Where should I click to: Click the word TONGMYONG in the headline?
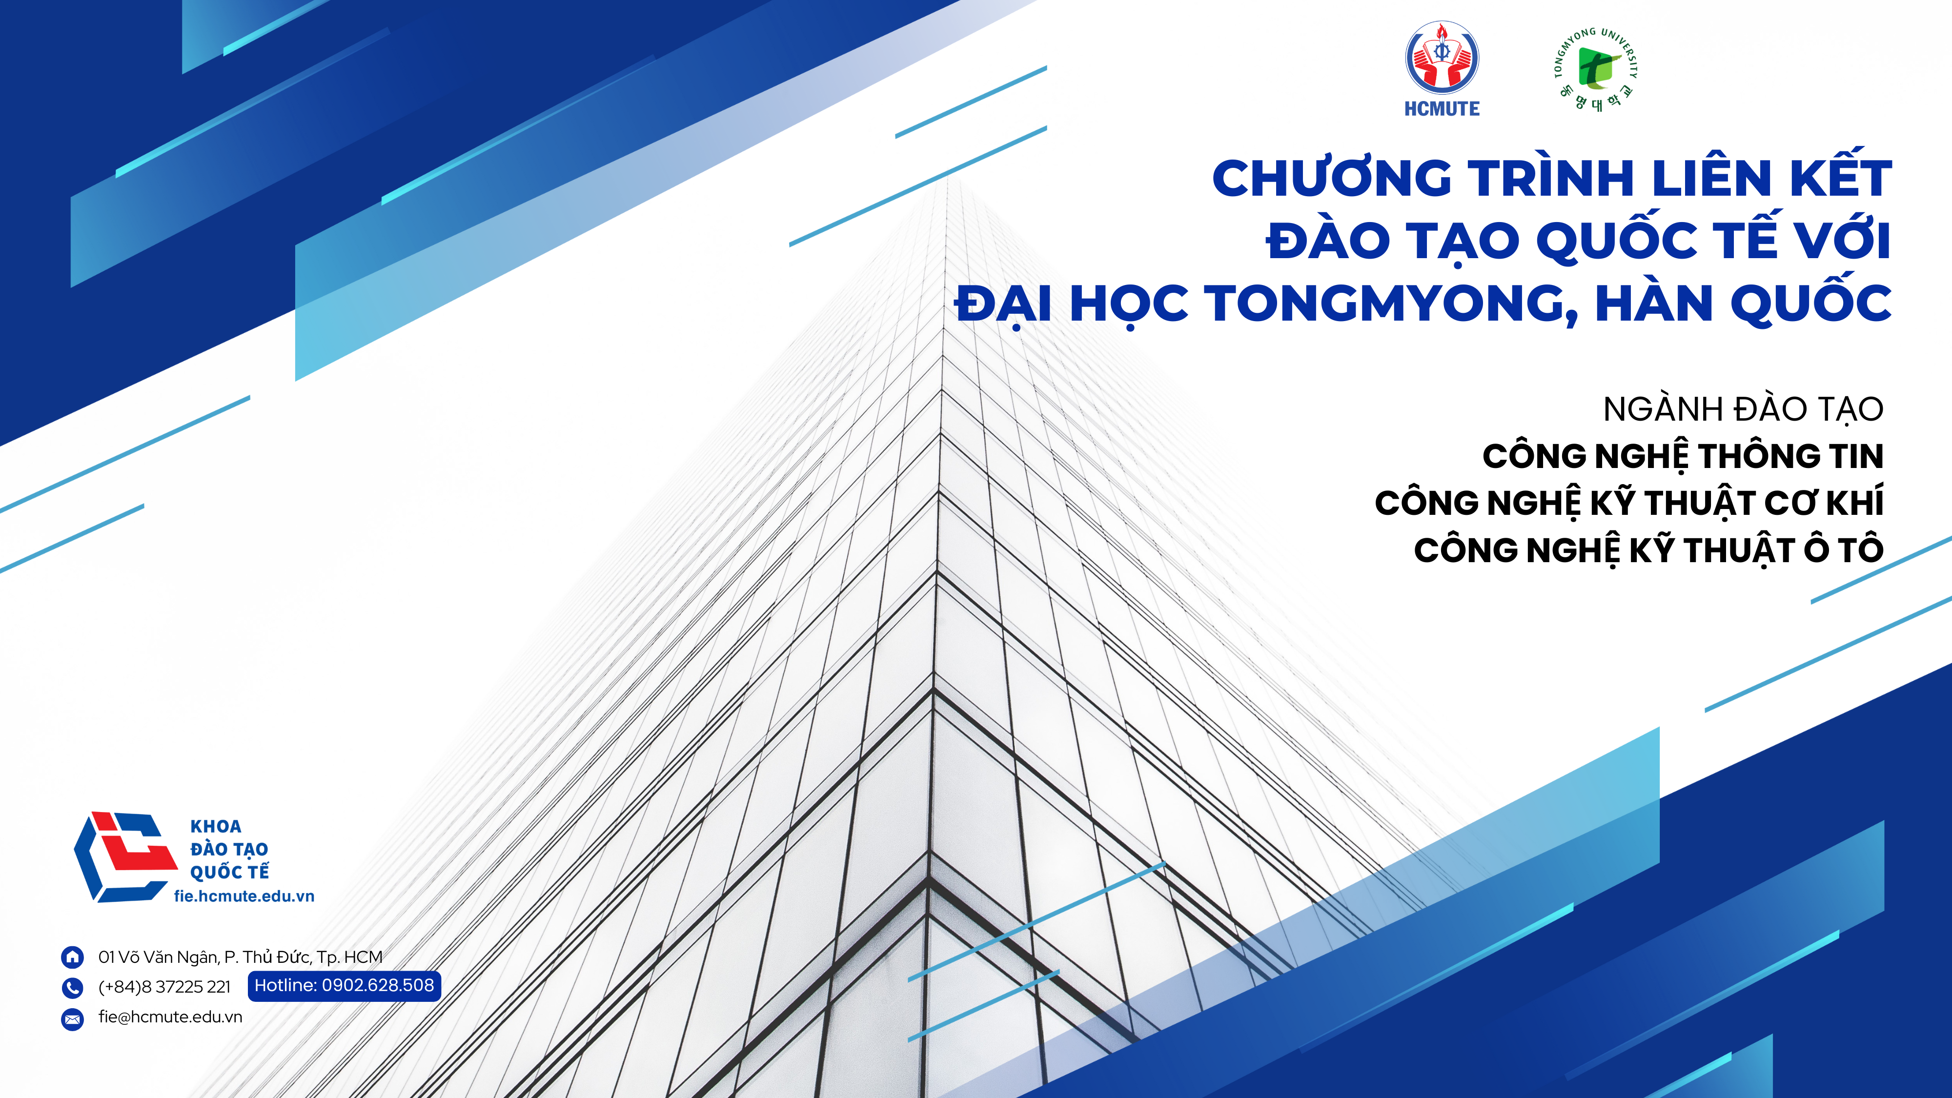tap(1392, 303)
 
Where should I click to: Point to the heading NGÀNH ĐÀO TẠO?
tap(1743, 409)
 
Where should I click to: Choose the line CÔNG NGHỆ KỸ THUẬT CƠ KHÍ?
tap(1629, 503)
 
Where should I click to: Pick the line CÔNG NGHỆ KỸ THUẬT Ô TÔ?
tap(1648, 549)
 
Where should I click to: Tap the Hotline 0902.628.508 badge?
tap(344, 986)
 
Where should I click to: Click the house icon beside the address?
tap(72, 957)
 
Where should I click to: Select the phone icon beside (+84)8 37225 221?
tap(72, 987)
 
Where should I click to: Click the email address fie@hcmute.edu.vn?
tap(170, 1017)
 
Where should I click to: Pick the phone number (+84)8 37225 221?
tap(164, 987)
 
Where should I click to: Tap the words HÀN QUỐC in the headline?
tap(1743, 303)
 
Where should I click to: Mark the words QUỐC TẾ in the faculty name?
tap(229, 872)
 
